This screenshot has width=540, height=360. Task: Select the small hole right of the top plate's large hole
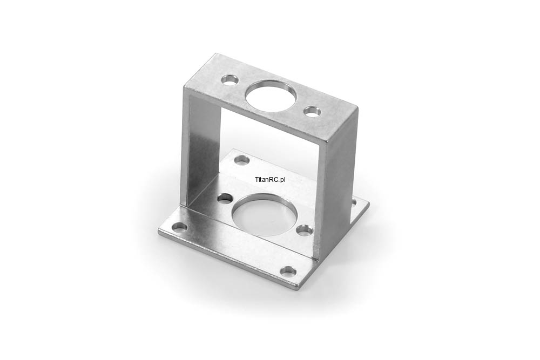click(312, 112)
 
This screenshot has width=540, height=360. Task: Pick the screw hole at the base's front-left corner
click(180, 227)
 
